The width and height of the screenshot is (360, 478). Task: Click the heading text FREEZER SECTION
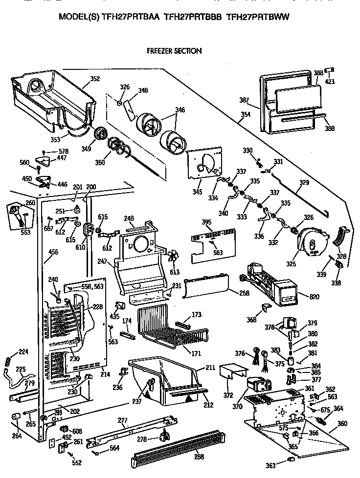pos(174,50)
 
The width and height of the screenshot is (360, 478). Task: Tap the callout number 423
pos(330,82)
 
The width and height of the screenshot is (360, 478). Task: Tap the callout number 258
pos(243,293)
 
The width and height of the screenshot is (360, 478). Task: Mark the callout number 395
pos(206,222)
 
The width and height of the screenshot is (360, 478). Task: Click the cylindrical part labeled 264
pos(16,416)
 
